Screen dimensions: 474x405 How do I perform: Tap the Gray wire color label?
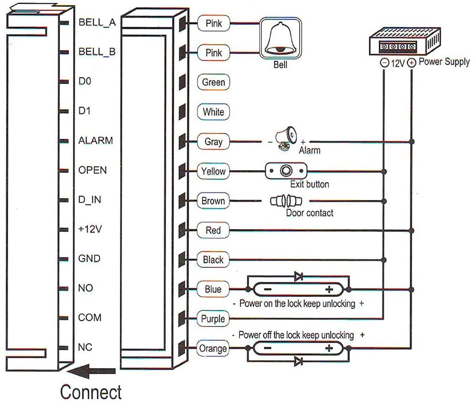coord(213,142)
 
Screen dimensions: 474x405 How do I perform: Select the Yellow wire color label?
coord(213,172)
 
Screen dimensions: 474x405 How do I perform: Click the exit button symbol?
coord(286,171)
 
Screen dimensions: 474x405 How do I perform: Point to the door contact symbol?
coord(286,201)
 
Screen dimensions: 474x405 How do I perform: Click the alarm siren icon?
coord(286,138)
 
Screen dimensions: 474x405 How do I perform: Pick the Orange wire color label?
coord(213,348)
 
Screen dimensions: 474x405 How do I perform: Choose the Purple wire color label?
coord(213,319)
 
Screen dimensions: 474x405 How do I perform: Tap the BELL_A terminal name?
coord(97,22)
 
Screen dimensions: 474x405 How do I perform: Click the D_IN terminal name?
coord(89,200)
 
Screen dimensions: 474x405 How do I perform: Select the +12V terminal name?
coord(90,229)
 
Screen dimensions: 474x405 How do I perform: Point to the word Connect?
coord(91,392)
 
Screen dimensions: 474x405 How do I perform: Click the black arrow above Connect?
coord(91,371)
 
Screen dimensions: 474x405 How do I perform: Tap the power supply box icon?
coord(405,41)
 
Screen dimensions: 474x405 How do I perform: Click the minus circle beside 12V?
coord(385,63)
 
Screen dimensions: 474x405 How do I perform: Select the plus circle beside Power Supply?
coord(412,63)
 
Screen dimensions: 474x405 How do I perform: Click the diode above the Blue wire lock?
coord(299,276)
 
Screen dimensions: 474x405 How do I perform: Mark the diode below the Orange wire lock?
coord(299,362)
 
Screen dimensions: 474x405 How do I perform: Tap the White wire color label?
coord(213,112)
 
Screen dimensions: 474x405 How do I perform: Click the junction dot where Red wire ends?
coord(412,231)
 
